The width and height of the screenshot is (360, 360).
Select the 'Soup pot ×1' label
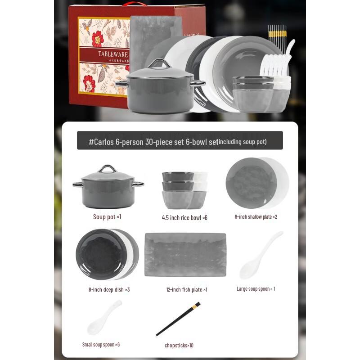(x=107, y=217)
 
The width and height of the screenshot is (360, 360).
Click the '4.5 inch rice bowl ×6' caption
(x=184, y=218)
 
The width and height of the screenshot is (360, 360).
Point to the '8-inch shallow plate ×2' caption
(x=256, y=217)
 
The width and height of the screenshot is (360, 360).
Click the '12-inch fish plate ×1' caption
(x=186, y=290)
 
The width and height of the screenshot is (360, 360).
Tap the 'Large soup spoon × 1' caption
(x=256, y=289)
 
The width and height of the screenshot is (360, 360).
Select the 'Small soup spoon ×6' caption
(x=101, y=345)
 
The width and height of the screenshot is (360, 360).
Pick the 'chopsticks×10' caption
(x=179, y=346)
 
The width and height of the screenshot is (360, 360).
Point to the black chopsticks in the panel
(x=178, y=319)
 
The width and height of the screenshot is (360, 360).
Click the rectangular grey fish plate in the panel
(x=185, y=254)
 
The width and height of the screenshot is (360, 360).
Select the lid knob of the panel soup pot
(x=107, y=169)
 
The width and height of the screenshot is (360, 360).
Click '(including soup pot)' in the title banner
(x=242, y=142)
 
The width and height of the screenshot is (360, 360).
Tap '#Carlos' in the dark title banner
(x=101, y=142)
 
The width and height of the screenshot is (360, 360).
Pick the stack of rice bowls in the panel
(x=184, y=189)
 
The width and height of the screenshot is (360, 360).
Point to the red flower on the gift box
(x=97, y=38)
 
